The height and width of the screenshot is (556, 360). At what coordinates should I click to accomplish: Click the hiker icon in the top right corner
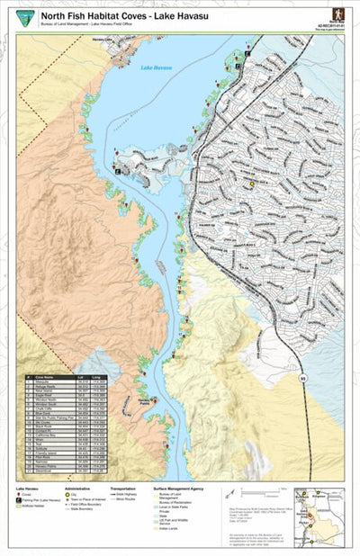point(337,14)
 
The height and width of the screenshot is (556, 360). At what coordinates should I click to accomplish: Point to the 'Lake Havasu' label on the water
point(154,68)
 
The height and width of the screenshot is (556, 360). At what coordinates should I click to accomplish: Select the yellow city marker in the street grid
point(252,183)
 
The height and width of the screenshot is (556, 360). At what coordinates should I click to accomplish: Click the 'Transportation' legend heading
point(123,489)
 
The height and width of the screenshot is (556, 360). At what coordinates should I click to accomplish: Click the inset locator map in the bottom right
point(319,508)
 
